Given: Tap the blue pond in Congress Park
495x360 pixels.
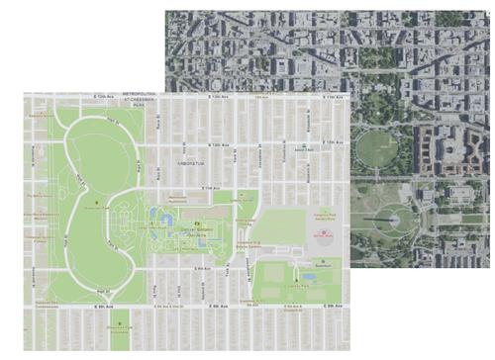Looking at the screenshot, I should coord(312,277).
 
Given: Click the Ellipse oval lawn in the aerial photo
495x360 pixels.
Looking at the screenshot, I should coord(377,148).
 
